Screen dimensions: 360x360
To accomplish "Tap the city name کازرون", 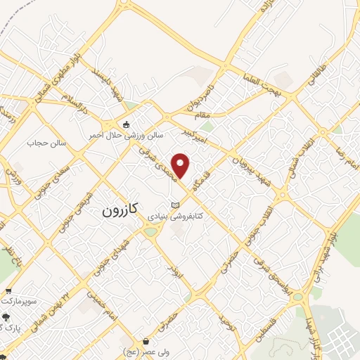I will (120, 209).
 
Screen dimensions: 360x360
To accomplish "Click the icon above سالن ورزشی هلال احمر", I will (126, 124).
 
